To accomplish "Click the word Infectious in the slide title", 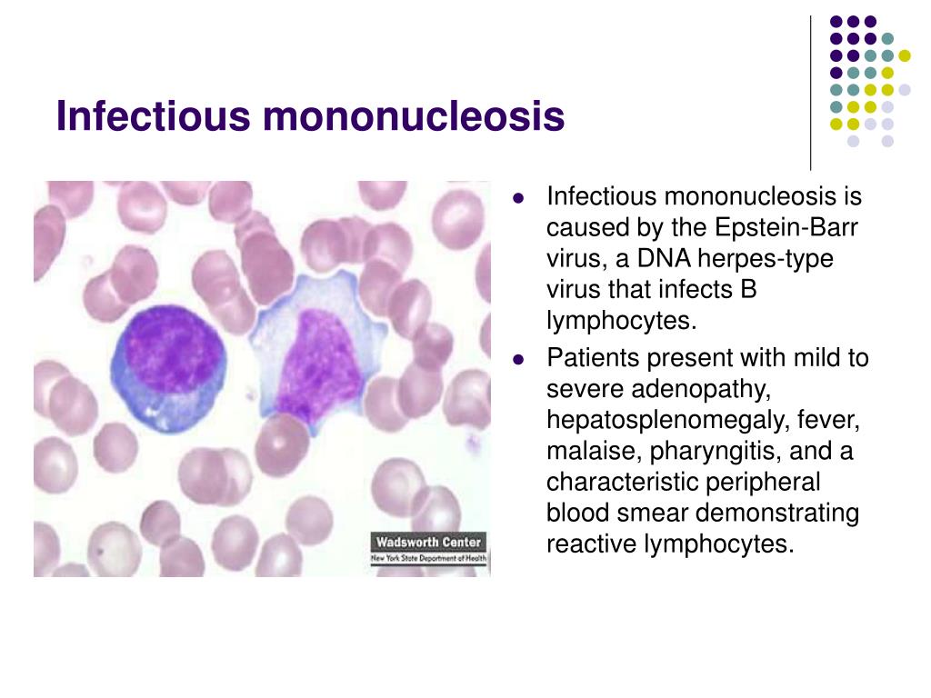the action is [153, 115].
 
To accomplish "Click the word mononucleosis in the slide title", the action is [414, 115].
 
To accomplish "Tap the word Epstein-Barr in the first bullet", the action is [786, 228].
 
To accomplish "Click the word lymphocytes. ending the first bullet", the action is [621, 322].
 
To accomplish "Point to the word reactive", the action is [592, 544].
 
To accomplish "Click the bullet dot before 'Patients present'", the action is [518, 359].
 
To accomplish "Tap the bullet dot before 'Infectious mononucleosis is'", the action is [518, 197].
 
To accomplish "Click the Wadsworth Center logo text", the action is [429, 542].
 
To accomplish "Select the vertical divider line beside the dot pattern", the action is [810, 94].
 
